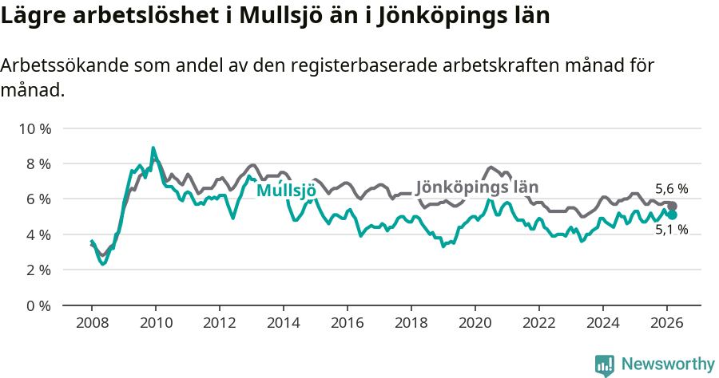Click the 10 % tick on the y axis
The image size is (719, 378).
coord(34,128)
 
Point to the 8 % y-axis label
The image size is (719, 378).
coord(38,163)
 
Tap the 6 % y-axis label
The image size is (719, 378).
coord(38,199)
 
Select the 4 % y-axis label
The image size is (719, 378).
coord(38,234)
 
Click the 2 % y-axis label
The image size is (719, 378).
coord(38,270)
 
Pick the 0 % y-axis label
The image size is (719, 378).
coord(38,305)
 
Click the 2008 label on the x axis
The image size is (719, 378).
coord(91,323)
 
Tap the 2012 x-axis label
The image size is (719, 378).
coord(219,323)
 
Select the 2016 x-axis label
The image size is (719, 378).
coord(348,323)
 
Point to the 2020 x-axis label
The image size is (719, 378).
coord(475,323)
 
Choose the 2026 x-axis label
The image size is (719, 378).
coord(667,323)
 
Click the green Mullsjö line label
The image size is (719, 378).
coord(286,191)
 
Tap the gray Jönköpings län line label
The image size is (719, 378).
coord(477,186)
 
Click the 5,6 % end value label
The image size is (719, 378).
coord(671,189)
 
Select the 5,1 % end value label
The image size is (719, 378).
coord(671,230)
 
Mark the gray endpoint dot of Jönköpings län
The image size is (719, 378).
coord(673,207)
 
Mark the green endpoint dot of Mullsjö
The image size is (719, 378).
coord(673,215)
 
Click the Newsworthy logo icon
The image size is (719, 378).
coord(605,365)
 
